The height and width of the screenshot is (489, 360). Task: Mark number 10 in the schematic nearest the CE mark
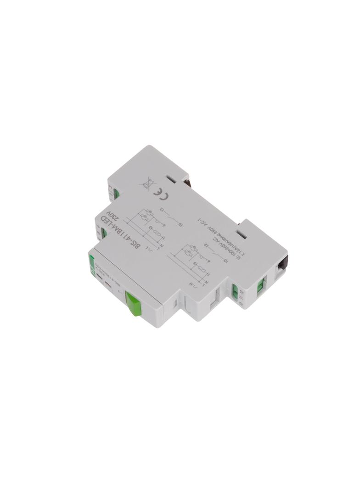tap(180, 224)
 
